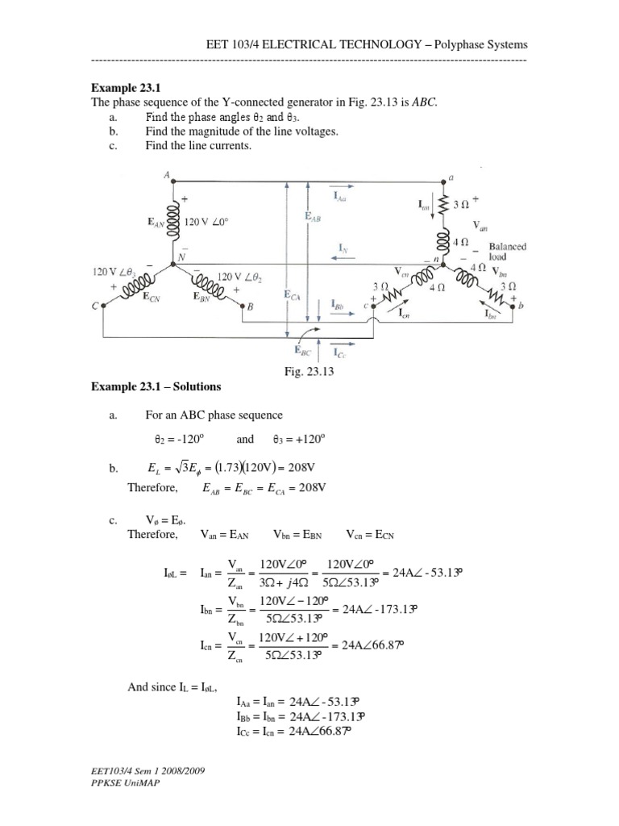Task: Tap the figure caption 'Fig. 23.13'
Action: [x=309, y=373]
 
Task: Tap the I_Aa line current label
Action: [x=339, y=196]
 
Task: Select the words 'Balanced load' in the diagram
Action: [x=507, y=252]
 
